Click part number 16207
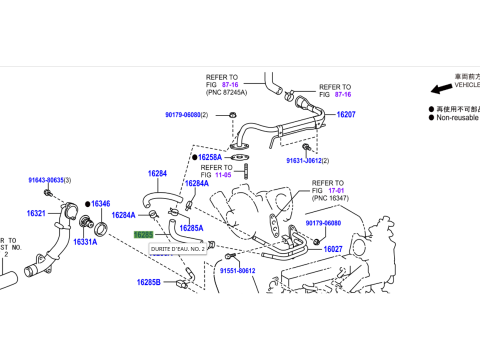[345, 115]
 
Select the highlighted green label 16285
[143, 235]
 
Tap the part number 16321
[36, 214]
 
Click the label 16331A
[84, 242]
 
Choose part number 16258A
[209, 157]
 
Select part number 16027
[333, 249]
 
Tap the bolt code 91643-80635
[45, 180]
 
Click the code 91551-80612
[238, 270]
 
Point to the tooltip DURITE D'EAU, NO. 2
[177, 248]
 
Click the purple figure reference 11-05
[221, 174]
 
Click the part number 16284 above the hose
[157, 173]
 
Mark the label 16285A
[191, 228]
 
